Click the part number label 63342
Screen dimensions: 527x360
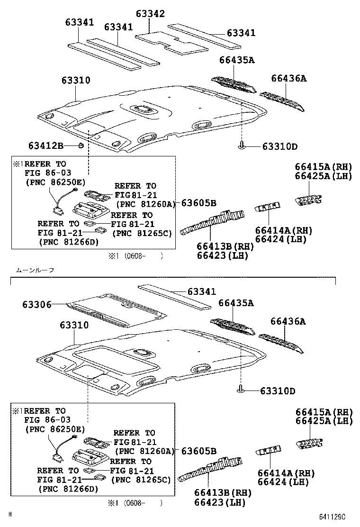tap(151, 14)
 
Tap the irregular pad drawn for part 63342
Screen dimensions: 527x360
tap(171, 41)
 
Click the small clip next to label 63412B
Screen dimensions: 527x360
tap(81, 145)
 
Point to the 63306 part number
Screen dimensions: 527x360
tap(36, 305)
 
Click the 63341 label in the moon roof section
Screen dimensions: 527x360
tap(201, 292)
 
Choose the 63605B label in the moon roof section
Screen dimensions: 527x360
tap(198, 451)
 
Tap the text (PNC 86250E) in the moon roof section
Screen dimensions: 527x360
tap(55, 429)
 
